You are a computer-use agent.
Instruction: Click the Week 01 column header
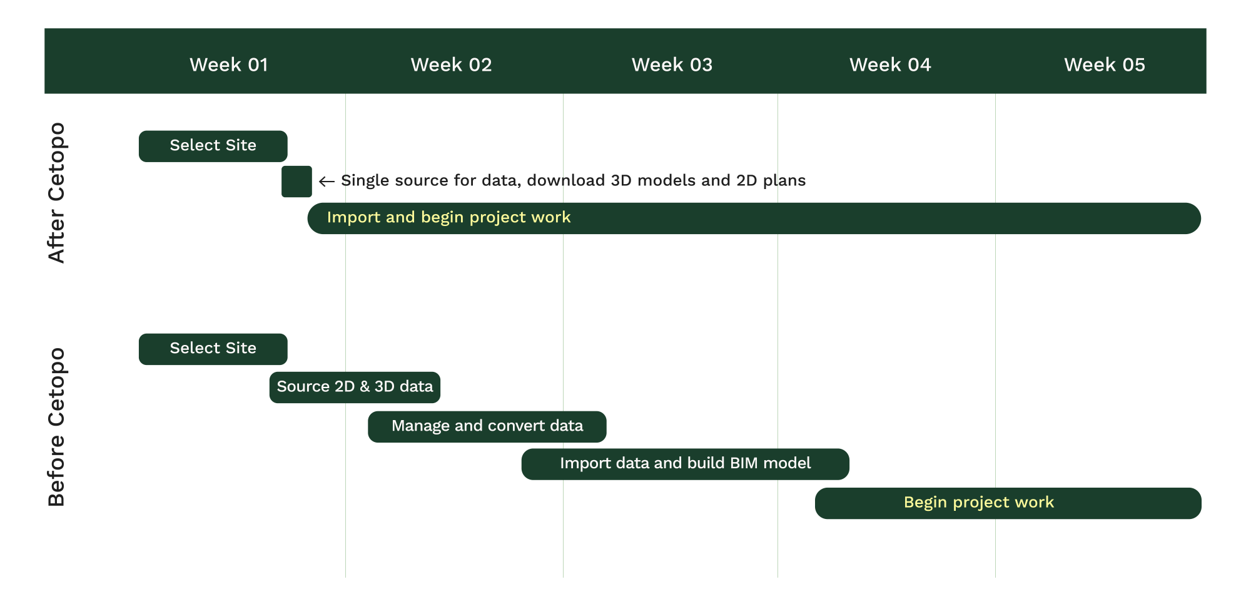coord(229,64)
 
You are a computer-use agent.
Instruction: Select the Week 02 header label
coord(451,64)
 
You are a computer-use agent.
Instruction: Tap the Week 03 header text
coord(672,64)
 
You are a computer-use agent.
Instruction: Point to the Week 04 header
coord(890,64)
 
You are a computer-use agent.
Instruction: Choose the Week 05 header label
coord(1105,64)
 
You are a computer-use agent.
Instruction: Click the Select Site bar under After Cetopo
coord(213,146)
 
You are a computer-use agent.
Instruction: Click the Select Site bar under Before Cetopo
coord(213,349)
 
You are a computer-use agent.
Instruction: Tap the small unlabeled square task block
coord(296,182)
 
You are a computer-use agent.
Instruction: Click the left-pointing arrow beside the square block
coord(327,182)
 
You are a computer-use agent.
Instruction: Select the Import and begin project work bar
coord(754,218)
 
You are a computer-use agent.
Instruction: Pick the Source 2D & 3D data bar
coord(355,388)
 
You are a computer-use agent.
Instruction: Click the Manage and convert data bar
coord(487,427)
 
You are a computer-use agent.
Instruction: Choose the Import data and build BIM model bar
coord(686,465)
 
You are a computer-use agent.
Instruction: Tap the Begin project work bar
coord(1008,503)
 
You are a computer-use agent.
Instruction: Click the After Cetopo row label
coord(56,193)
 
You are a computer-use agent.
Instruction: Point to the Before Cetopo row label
coord(56,427)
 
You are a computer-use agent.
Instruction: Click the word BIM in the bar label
coord(742,463)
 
